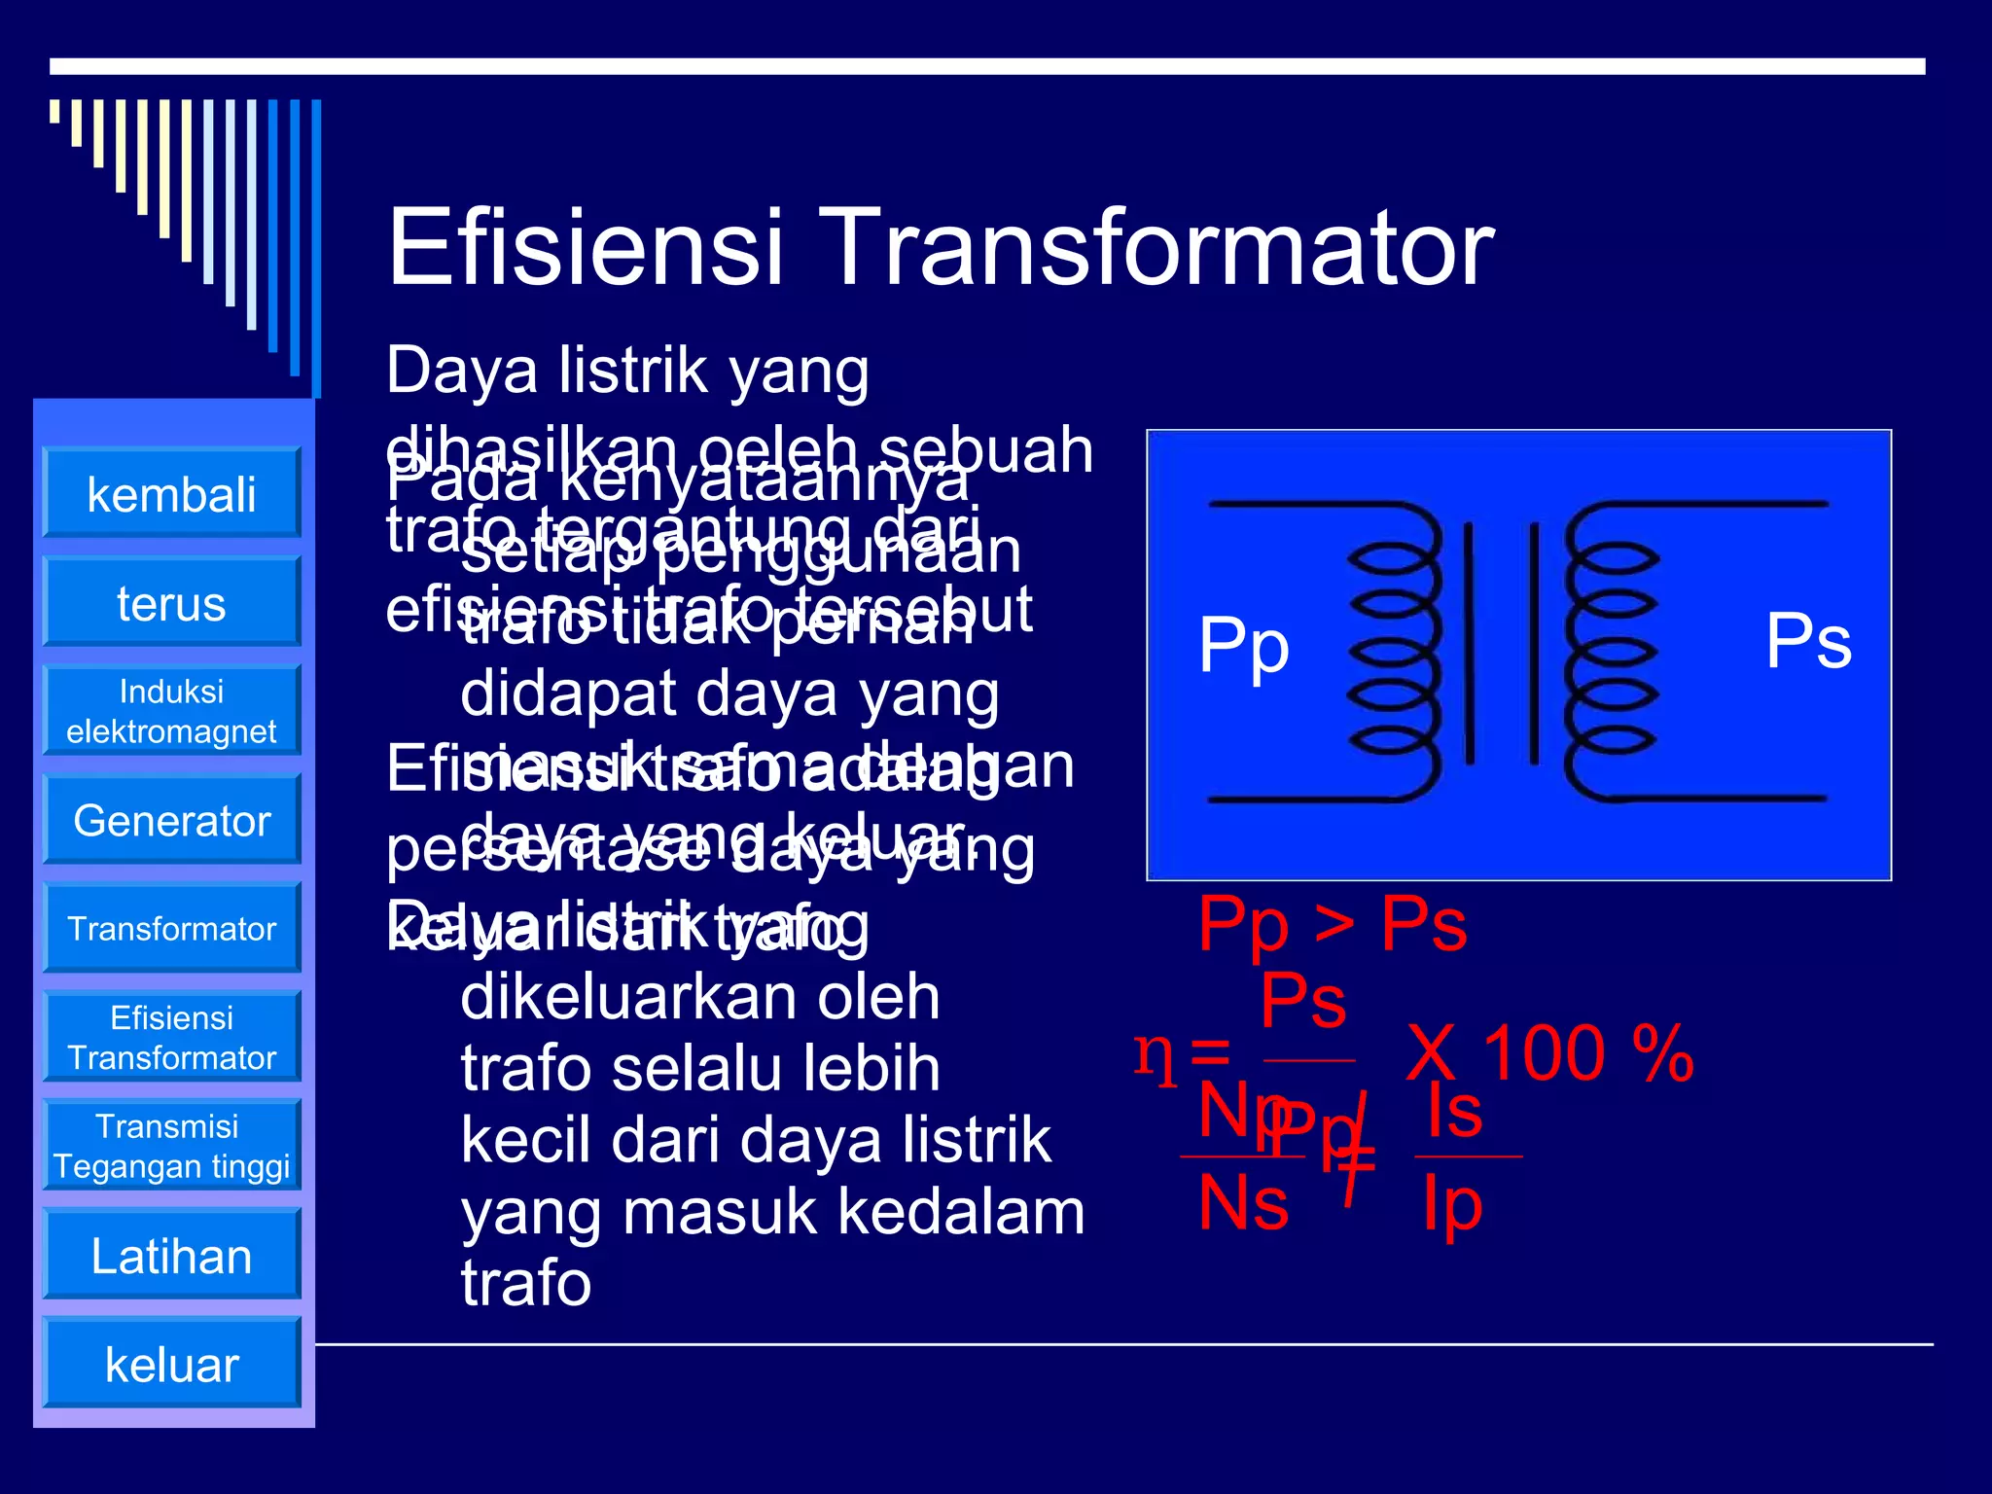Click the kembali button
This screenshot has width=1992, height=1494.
point(171,493)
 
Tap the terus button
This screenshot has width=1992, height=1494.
point(171,602)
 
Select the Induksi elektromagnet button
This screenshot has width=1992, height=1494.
point(171,711)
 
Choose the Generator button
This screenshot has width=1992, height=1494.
point(171,820)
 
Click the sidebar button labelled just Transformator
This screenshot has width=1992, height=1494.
point(171,929)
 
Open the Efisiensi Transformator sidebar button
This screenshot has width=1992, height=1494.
point(171,1038)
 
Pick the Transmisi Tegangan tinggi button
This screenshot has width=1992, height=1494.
point(171,1146)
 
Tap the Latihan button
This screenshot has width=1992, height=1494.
point(171,1255)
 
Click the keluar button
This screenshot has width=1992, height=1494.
point(171,1364)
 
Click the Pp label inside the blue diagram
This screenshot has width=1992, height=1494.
point(1243,646)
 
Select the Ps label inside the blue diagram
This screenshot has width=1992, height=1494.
point(1807,641)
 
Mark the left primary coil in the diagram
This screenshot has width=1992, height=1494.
point(1393,652)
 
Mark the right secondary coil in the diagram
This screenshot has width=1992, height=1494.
point(1610,652)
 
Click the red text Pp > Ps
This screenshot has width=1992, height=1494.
point(1331,923)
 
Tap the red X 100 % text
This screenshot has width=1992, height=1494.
point(1549,1053)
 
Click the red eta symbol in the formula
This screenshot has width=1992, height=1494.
point(1155,1055)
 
